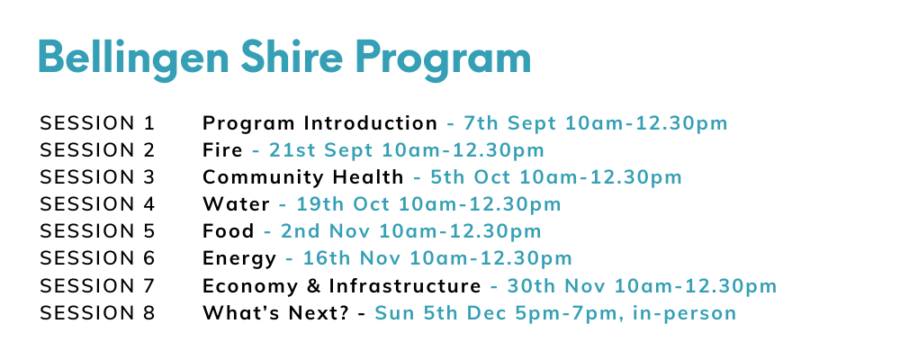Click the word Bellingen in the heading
[x=133, y=58]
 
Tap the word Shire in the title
[x=292, y=57]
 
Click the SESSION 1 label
[x=97, y=123]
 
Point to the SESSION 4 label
[x=97, y=203]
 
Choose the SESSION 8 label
[x=97, y=313]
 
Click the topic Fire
[x=222, y=150]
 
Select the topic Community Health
[x=303, y=177]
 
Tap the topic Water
[x=236, y=203]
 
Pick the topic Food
[x=229, y=230]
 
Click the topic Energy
[x=239, y=258]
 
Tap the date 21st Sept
[x=320, y=150]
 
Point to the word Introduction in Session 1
[x=371, y=123]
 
